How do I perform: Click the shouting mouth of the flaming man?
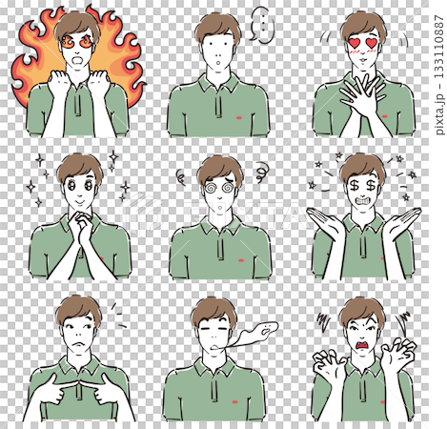(x=78, y=60)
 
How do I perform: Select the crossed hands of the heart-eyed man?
(x=361, y=95)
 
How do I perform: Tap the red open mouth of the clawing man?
(x=361, y=346)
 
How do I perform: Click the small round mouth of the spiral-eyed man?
(x=220, y=208)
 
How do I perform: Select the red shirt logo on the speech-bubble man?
(x=240, y=118)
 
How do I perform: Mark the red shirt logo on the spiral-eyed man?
(x=241, y=261)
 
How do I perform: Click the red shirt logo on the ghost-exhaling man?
(x=234, y=402)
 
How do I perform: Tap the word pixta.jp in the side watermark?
(x=439, y=114)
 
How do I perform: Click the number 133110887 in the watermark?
(x=439, y=47)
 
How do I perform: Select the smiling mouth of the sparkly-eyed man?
(x=79, y=202)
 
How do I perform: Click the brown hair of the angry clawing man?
(x=362, y=310)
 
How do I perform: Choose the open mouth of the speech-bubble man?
(x=218, y=63)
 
